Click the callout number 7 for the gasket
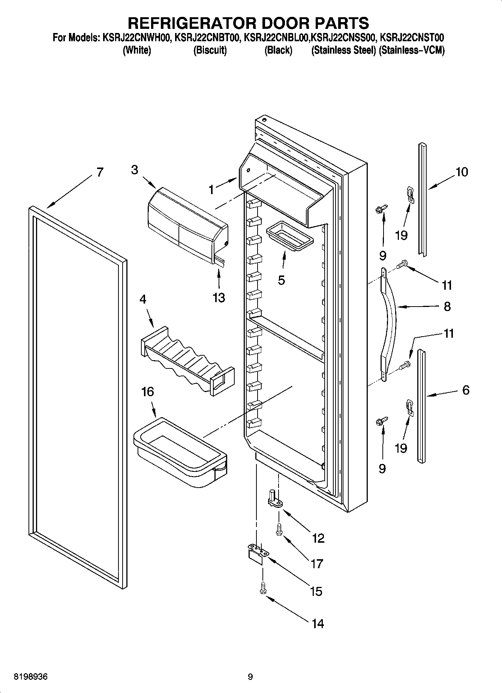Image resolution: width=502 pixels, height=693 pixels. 99,172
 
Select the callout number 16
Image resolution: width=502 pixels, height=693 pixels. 147,392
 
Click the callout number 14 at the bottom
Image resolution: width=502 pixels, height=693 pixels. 317,624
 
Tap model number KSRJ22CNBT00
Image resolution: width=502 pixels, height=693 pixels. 206,38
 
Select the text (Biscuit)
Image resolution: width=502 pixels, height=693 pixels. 210,50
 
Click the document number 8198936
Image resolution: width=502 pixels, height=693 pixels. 31,677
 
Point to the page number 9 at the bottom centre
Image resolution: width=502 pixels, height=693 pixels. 250,677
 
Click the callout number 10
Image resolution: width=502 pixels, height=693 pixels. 462,172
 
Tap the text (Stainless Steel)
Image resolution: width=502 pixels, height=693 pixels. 343,50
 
